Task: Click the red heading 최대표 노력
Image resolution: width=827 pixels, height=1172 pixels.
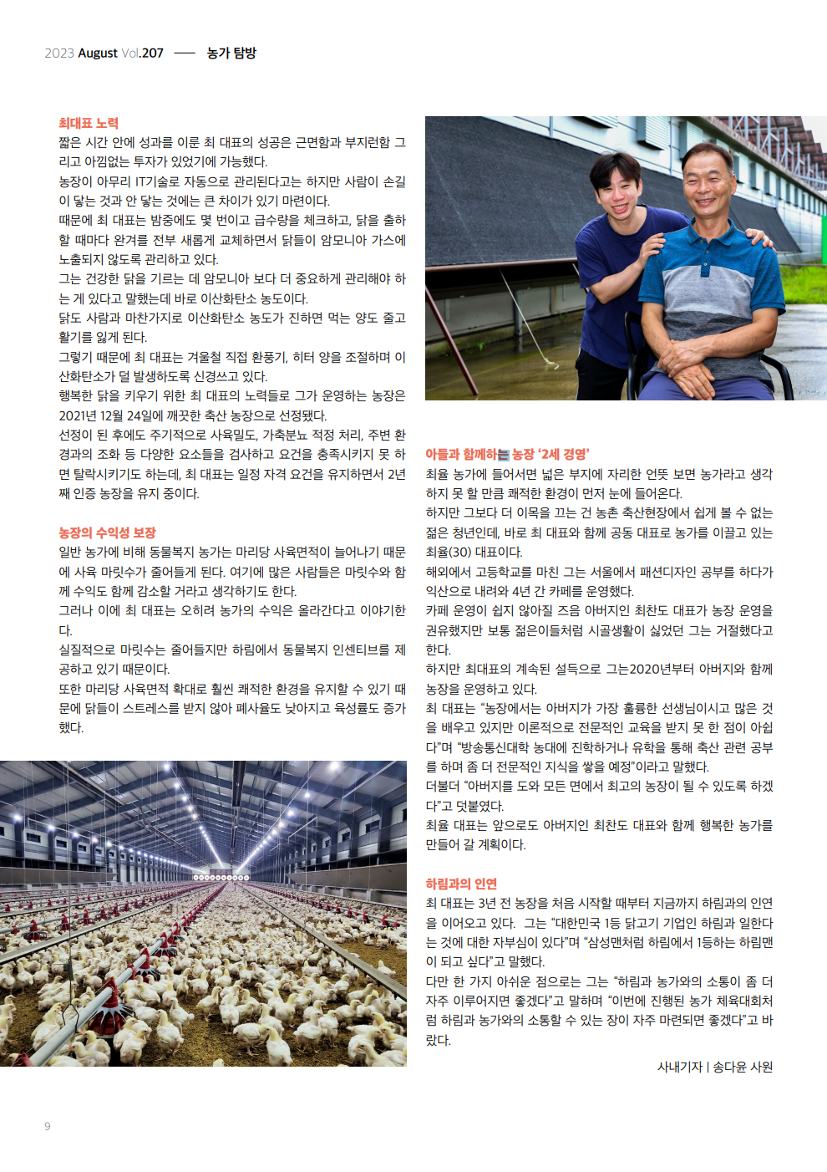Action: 89,123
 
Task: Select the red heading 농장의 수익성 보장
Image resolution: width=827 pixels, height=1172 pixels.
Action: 107,532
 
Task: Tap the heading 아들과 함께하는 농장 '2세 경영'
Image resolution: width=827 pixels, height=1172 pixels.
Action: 507,454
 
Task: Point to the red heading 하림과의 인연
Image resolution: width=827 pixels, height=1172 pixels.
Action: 461,884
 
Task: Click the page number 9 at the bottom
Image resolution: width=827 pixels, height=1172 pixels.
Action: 48,1126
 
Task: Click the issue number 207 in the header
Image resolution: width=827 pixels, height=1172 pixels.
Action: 153,53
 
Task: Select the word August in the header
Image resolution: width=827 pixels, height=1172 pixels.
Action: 98,53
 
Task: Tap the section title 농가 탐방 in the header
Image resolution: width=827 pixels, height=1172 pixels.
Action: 231,53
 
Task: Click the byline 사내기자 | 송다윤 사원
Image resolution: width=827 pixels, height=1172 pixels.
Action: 715,1067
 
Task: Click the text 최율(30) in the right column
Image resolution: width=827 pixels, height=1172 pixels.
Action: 449,552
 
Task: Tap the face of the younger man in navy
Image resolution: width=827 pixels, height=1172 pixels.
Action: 619,194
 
